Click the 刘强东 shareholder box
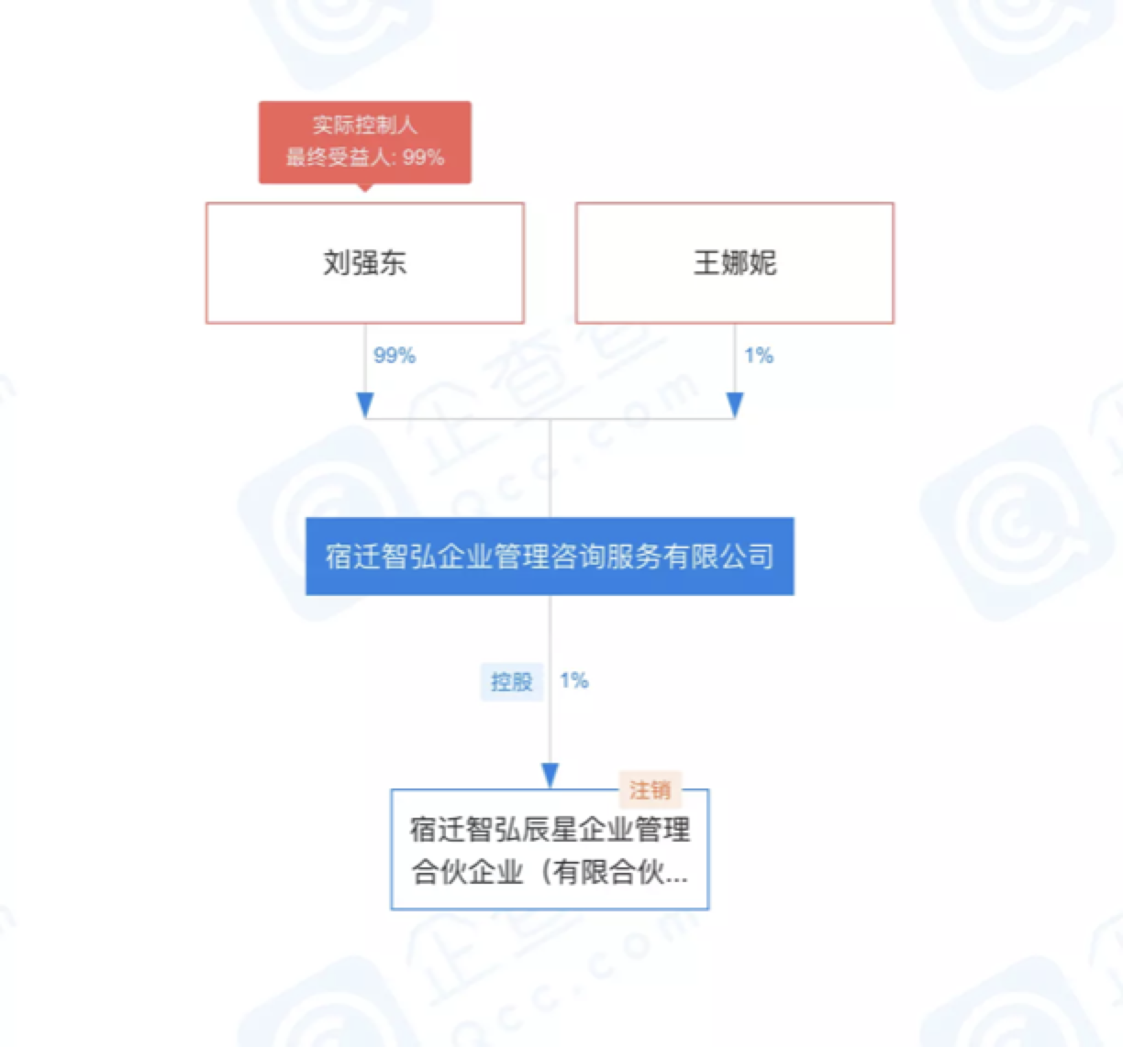pyautogui.click(x=364, y=263)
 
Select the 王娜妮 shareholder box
pyautogui.click(x=734, y=263)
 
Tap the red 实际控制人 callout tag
pyautogui.click(x=364, y=141)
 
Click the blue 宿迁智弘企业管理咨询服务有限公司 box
pyautogui.click(x=549, y=557)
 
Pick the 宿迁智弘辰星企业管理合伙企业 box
pyautogui.click(x=549, y=849)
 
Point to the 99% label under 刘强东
pyautogui.click(x=395, y=356)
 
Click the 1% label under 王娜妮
pyautogui.click(x=759, y=356)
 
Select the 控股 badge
pyautogui.click(x=511, y=681)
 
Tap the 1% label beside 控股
pyautogui.click(x=574, y=680)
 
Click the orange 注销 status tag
pyautogui.click(x=650, y=789)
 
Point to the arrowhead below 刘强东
pyautogui.click(x=365, y=404)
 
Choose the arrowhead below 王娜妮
pyautogui.click(x=735, y=404)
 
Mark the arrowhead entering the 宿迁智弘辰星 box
pyautogui.click(x=550, y=776)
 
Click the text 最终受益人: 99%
pyautogui.click(x=364, y=158)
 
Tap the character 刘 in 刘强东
pyautogui.click(x=336, y=263)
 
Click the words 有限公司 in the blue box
pyautogui.click(x=718, y=557)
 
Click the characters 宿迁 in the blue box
pyautogui.click(x=353, y=557)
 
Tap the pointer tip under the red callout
pyautogui.click(x=365, y=188)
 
